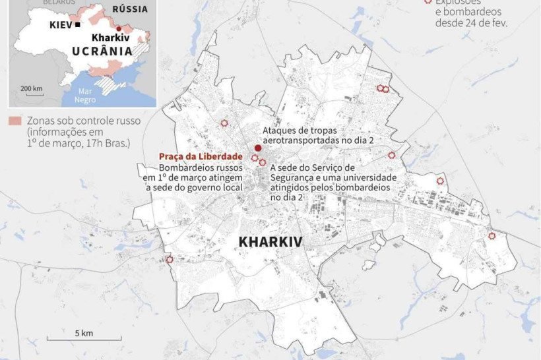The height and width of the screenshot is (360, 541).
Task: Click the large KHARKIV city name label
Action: pyautogui.click(x=270, y=242)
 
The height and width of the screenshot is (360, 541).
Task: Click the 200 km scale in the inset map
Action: pyautogui.click(x=31, y=90)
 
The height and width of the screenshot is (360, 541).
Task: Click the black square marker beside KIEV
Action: pyautogui.click(x=78, y=24)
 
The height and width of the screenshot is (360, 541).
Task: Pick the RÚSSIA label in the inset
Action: pyautogui.click(x=129, y=9)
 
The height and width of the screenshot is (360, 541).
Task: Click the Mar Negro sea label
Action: pyautogui.click(x=86, y=96)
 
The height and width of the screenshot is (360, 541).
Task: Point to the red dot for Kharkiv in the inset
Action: pyautogui.click(x=119, y=28)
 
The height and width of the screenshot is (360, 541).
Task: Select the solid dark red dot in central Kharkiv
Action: pyautogui.click(x=258, y=148)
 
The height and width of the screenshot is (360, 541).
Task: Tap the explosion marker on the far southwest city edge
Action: pyautogui.click(x=170, y=260)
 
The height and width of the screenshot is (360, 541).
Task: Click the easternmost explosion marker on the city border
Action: pyautogui.click(x=492, y=236)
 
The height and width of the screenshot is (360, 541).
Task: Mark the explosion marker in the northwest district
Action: pyautogui.click(x=224, y=123)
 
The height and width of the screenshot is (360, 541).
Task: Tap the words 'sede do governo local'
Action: pyautogui.click(x=194, y=187)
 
